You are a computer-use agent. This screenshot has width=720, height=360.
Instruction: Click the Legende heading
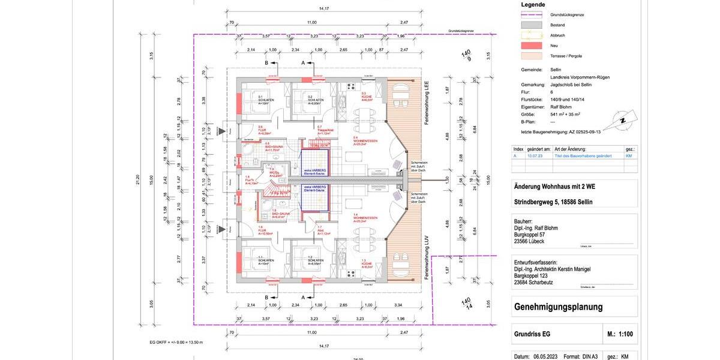[x=533, y=5]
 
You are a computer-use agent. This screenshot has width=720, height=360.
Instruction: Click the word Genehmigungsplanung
[x=558, y=307]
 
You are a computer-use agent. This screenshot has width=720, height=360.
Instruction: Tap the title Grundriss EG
[x=532, y=334]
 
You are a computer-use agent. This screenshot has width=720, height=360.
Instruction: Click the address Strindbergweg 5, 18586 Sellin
[x=553, y=202]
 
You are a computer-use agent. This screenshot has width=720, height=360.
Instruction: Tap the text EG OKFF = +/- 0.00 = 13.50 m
[x=176, y=342]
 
